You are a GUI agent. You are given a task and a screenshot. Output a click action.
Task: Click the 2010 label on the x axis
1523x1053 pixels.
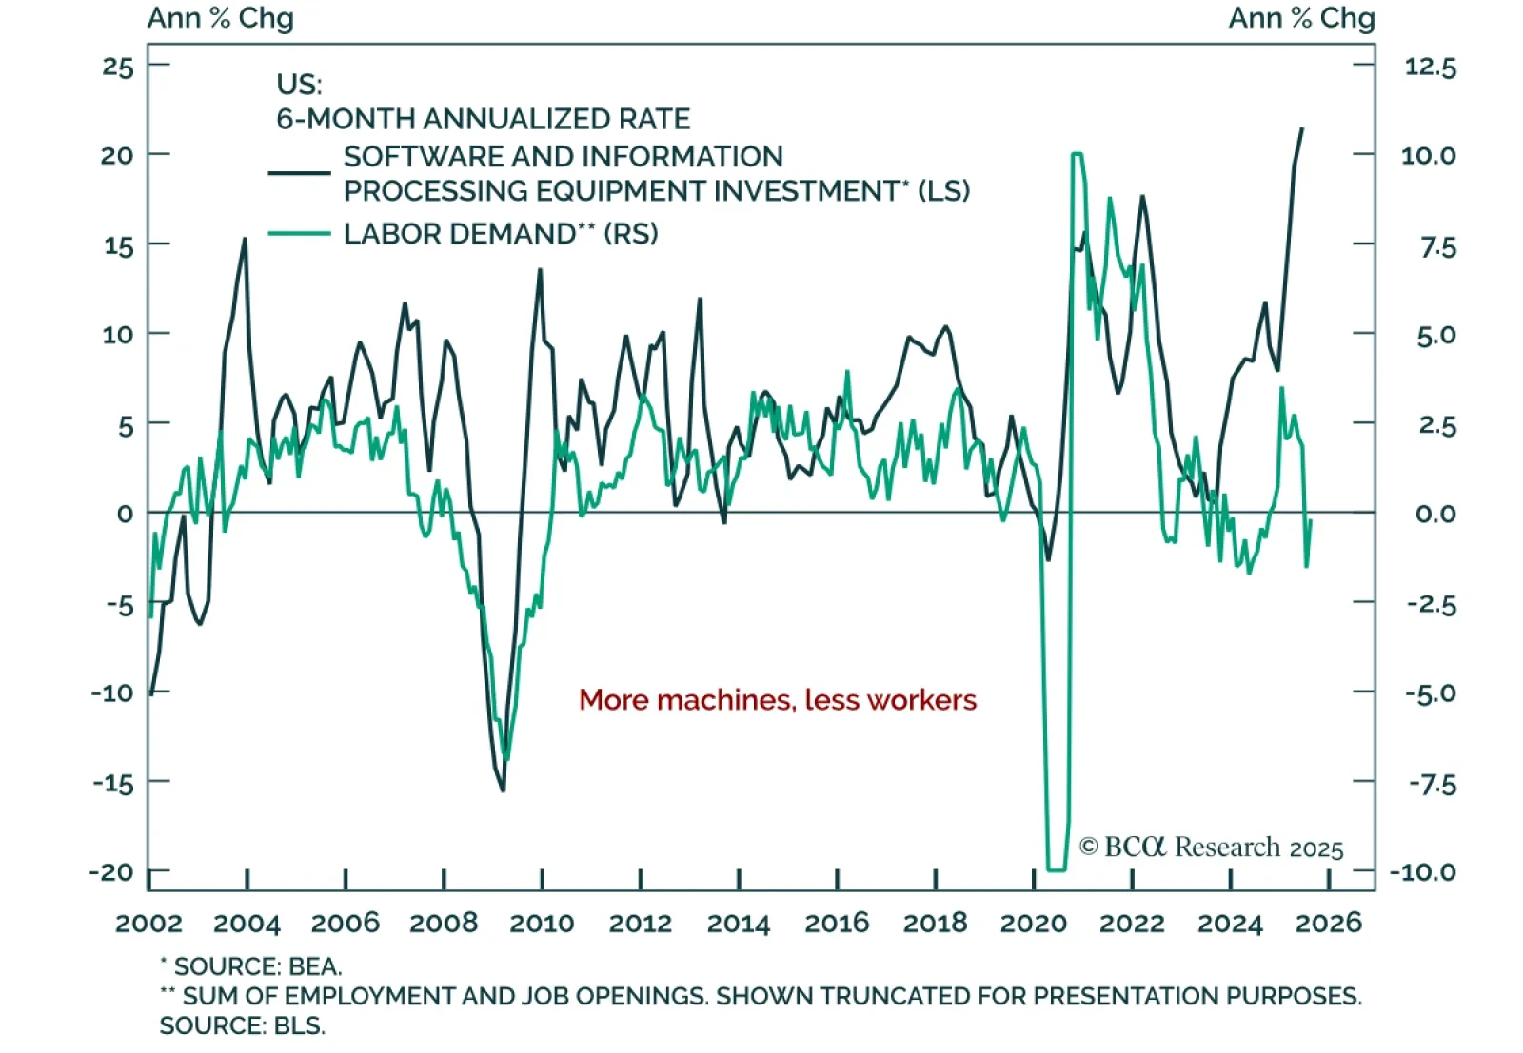(542, 923)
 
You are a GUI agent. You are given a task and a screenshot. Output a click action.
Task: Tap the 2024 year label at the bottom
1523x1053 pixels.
(1230, 923)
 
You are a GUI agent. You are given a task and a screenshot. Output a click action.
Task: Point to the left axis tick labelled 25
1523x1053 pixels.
(119, 67)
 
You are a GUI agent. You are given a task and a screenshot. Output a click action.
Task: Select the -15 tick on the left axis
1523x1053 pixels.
(113, 783)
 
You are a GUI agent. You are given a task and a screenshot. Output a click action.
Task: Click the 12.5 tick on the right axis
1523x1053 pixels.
(1430, 67)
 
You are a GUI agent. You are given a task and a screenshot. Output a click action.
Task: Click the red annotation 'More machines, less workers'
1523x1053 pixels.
(777, 700)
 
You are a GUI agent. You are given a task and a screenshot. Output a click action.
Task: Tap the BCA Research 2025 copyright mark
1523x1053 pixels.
(1211, 847)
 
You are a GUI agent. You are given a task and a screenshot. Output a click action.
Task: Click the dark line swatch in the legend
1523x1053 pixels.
(299, 173)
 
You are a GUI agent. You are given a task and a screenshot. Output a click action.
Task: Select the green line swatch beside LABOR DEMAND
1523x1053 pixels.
(299, 234)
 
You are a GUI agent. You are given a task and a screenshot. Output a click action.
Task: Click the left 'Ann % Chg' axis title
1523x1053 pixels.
(221, 18)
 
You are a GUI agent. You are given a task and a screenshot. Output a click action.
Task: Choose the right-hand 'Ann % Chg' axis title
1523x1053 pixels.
(1301, 18)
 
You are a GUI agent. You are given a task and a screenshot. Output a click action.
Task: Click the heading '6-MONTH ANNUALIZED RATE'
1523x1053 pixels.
(483, 119)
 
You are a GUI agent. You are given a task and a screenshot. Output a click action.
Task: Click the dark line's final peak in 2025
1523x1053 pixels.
(1302, 128)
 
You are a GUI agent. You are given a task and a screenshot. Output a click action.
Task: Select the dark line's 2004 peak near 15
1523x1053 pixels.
(246, 239)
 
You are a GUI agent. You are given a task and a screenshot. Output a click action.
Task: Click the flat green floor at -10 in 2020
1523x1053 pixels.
(1057, 869)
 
